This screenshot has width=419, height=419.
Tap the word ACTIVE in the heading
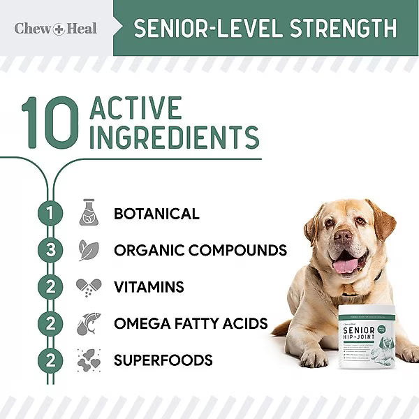[x=136, y=108]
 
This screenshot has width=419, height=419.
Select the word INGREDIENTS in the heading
[x=175, y=137]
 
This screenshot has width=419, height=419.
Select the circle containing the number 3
[x=50, y=250]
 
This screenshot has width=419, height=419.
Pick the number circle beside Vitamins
[x=50, y=287]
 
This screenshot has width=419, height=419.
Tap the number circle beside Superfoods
[x=50, y=360]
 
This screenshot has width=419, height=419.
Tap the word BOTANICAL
[x=156, y=214]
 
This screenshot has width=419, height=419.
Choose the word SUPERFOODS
[x=163, y=360]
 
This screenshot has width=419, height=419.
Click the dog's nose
[x=343, y=237]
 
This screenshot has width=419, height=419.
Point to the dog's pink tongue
[x=345, y=266]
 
